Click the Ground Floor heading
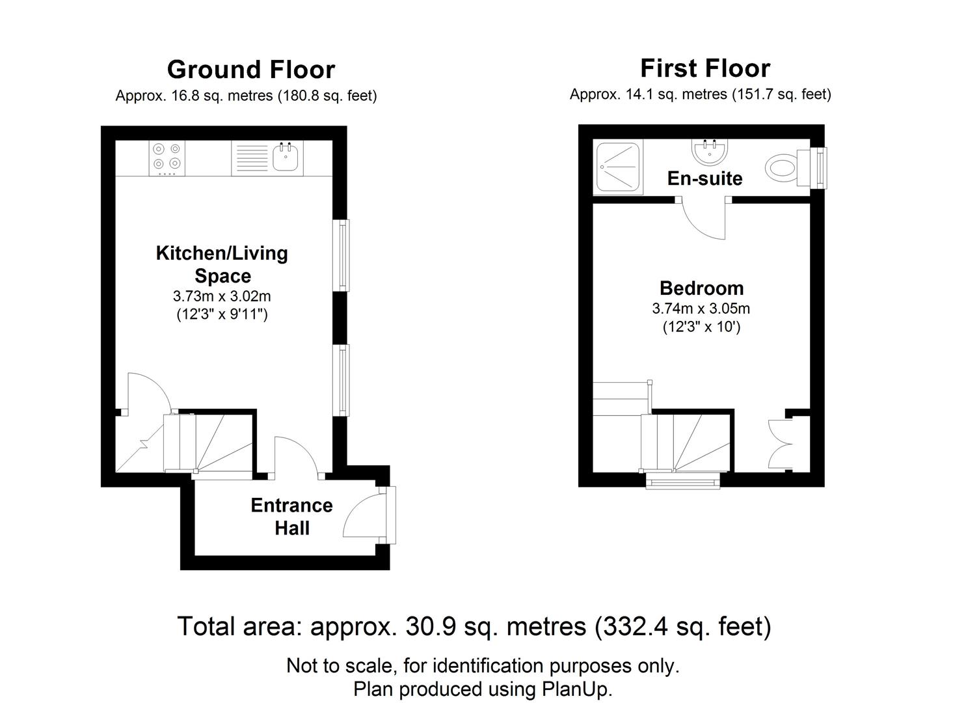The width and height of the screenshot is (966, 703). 251,70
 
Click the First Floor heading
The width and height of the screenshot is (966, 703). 705,68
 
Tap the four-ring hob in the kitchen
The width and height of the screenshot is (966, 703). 166,158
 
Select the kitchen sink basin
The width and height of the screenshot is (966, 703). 285,157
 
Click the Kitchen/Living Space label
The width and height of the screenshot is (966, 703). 222,264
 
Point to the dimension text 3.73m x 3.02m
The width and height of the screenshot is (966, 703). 222,296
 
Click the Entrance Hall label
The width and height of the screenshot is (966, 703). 291,517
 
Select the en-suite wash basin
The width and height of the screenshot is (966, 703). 710,153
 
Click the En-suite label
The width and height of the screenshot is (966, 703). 704,178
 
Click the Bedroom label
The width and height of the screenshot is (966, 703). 701,288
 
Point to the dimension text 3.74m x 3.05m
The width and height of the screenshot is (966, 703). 701,309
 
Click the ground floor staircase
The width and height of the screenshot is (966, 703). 208,443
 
